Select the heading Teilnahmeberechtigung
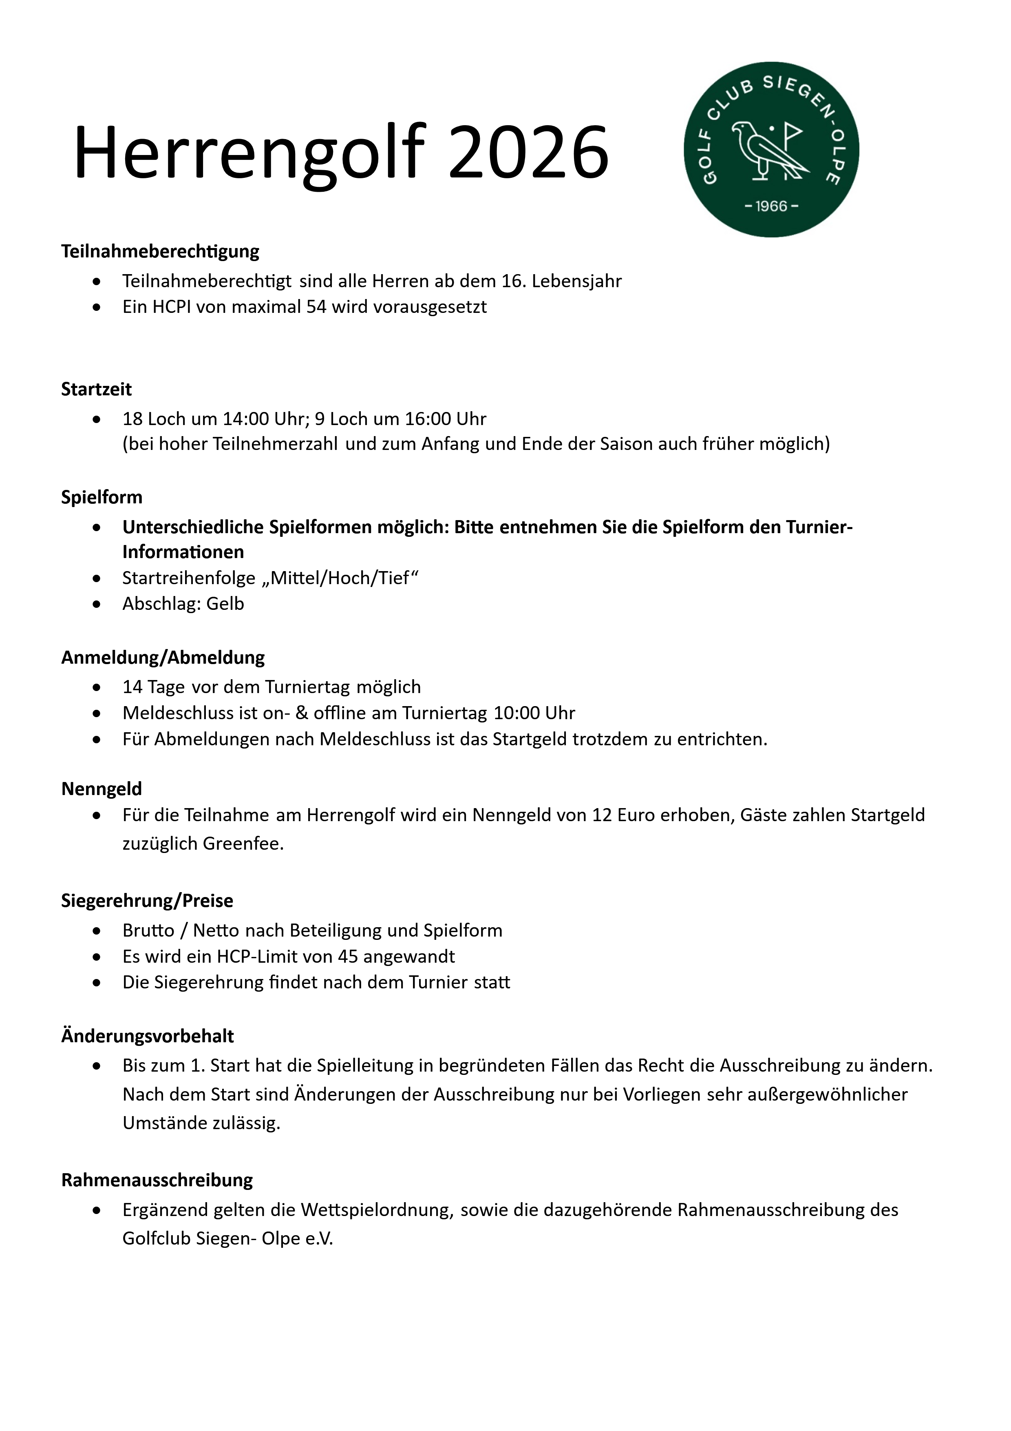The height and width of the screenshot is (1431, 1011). pyautogui.click(x=160, y=251)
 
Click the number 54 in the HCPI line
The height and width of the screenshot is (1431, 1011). pyautogui.click(x=316, y=307)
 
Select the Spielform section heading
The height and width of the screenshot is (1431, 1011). pyautogui.click(x=102, y=497)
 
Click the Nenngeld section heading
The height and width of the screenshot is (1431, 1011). pyautogui.click(x=102, y=789)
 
